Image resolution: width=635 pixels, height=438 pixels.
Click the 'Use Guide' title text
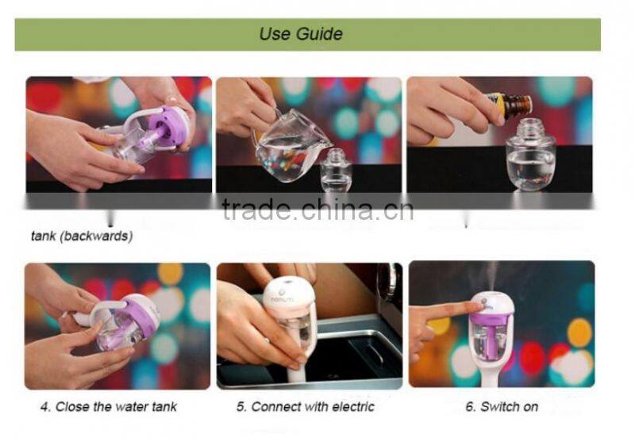pos(301,34)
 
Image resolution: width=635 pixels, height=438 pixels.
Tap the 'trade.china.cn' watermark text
pos(317,209)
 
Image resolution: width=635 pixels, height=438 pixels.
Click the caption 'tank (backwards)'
pos(82,236)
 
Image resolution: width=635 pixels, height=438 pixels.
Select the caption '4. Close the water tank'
pos(109,407)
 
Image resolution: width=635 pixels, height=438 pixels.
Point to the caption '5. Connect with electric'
pos(304,407)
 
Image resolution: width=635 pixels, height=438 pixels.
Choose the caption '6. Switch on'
pos(502,407)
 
